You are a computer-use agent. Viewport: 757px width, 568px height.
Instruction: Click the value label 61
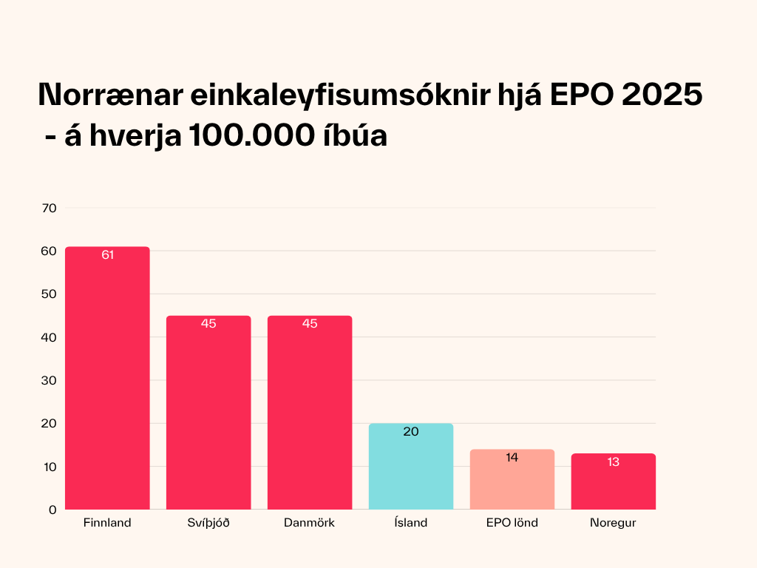point(107,255)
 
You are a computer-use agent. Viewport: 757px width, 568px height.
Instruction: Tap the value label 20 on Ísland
point(411,432)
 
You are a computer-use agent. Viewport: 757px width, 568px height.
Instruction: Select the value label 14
point(512,458)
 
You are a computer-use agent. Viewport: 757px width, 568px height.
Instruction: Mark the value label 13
point(614,462)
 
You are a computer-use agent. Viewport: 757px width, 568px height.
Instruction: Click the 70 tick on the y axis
point(50,208)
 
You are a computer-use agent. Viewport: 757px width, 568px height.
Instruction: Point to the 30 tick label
point(50,380)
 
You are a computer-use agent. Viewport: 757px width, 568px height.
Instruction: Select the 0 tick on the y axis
point(53,510)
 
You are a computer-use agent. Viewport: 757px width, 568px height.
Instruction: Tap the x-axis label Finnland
point(107,523)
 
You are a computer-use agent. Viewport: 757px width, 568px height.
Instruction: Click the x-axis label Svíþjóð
point(208,523)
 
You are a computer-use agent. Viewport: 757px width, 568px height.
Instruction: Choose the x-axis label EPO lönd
point(512,523)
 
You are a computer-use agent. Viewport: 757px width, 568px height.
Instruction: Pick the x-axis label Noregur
point(614,523)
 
